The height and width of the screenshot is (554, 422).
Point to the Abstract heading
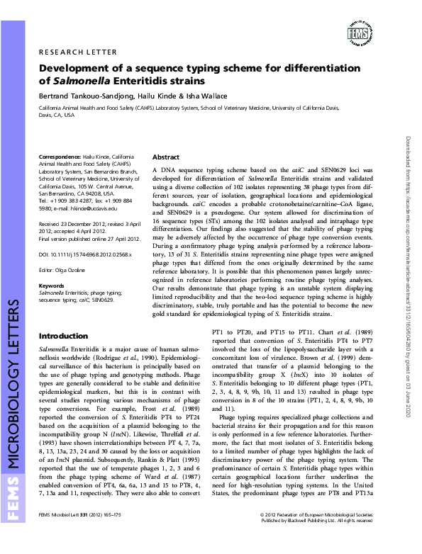[x=167, y=157]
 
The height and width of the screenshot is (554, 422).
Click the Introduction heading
[x=63, y=335]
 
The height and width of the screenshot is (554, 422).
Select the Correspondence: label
[x=60, y=156]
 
